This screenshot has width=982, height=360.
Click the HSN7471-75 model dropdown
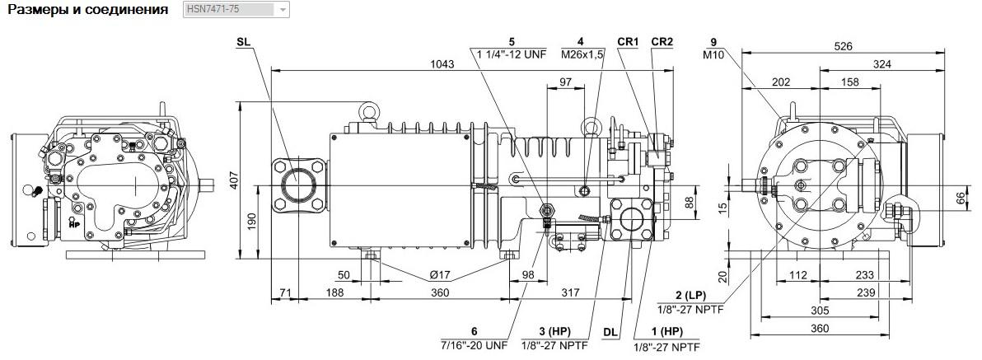236,10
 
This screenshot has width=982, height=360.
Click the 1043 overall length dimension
442,64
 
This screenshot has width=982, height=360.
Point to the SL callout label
244,42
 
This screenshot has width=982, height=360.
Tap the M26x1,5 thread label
582,54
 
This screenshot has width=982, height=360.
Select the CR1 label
628,42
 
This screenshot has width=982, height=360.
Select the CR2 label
662,42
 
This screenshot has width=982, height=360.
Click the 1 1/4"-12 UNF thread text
512,54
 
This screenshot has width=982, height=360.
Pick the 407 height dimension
250,179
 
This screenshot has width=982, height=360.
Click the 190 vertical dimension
250,222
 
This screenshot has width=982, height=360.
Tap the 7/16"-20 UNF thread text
474,344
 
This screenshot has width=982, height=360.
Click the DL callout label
610,332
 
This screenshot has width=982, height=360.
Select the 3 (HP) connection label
554,332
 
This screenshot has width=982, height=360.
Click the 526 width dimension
842,46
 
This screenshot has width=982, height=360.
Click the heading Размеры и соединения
87,10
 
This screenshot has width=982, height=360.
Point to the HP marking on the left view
74,223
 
